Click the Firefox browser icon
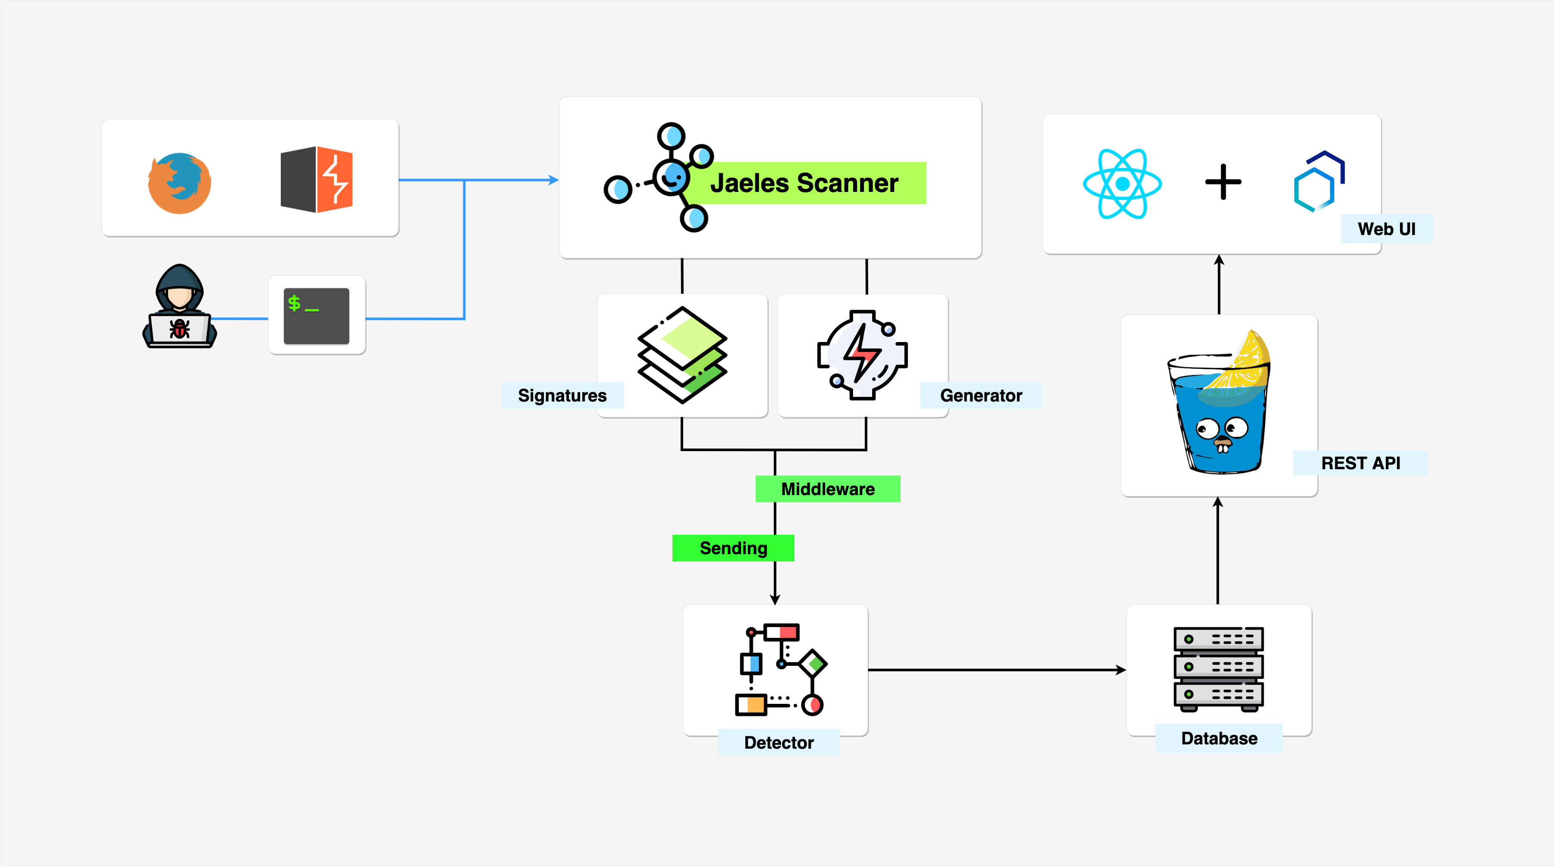click(x=179, y=183)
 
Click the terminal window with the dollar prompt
click(x=316, y=315)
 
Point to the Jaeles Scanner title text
click(x=804, y=183)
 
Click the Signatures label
click(x=562, y=395)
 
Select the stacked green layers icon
click(x=682, y=355)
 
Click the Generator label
click(x=981, y=395)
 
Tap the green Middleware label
click(x=828, y=489)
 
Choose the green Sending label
click(x=733, y=548)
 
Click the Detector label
click(x=779, y=742)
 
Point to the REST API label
click(x=1360, y=463)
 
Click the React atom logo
click(x=1122, y=183)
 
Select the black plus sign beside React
click(x=1223, y=182)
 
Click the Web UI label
click(x=1386, y=229)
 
